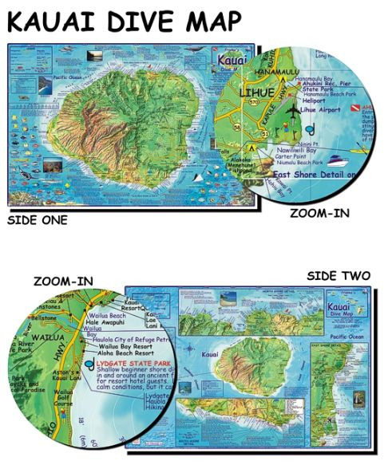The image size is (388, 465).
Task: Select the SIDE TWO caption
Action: tap(339, 276)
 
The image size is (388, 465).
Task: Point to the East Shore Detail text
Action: tap(313, 173)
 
